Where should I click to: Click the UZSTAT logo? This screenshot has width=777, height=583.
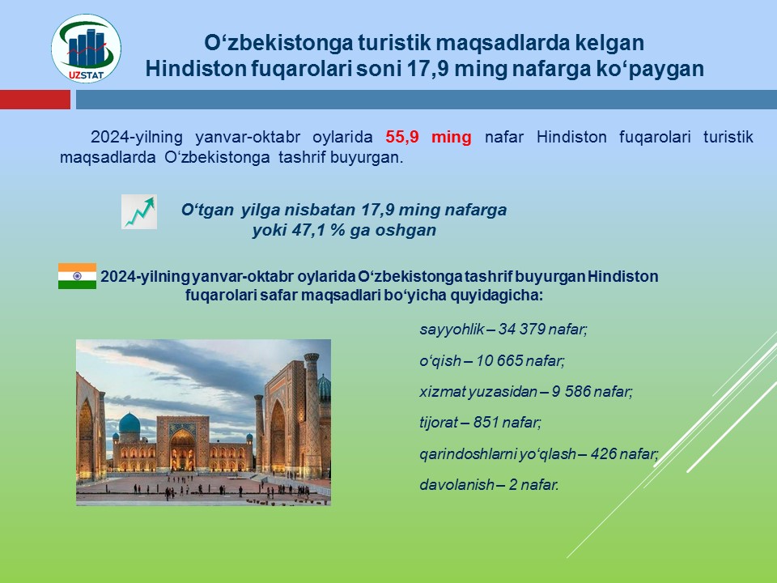(87, 49)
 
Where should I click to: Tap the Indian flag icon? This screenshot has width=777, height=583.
(78, 275)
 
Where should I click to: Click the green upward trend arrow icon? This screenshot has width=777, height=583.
(139, 211)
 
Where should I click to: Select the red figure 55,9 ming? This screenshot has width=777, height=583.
(429, 136)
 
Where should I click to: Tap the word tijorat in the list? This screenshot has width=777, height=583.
(439, 423)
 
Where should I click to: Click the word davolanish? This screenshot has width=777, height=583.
(456, 484)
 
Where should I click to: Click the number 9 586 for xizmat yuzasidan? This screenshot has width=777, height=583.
(571, 392)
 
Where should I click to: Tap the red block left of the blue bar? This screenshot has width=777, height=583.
(35, 99)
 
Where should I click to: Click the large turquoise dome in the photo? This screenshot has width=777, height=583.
(129, 423)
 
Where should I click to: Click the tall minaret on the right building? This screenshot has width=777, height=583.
(312, 414)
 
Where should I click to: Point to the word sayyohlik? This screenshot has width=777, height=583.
(452, 330)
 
